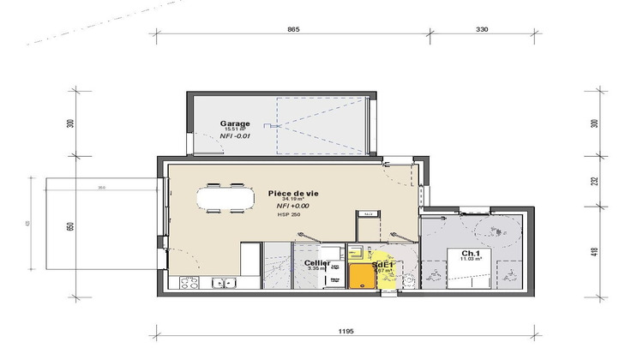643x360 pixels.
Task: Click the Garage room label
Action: (235, 123)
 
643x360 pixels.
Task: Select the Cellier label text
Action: (316, 263)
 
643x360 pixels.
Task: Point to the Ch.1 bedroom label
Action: (470, 253)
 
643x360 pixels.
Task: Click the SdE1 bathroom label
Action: (382, 266)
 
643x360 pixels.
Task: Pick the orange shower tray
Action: (362, 276)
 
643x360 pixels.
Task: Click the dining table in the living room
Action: (225, 198)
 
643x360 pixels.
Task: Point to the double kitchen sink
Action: (225, 283)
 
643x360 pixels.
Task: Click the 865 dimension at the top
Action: (293, 29)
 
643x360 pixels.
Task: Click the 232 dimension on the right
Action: (592, 181)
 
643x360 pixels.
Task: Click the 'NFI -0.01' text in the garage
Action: (235, 136)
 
